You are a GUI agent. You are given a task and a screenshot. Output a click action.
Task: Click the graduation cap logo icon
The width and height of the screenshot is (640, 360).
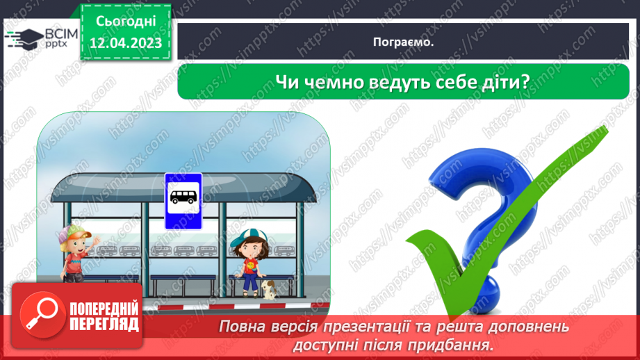(x=22, y=37)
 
